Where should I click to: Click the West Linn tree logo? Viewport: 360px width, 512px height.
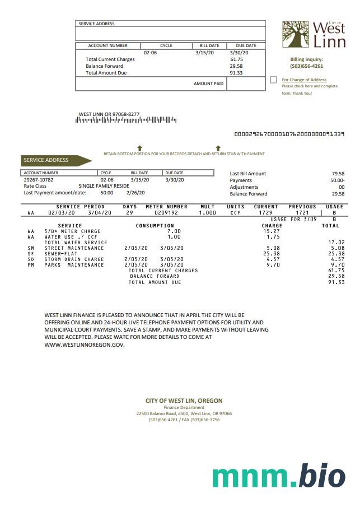point(295,35)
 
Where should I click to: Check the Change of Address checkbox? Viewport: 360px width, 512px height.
point(273,80)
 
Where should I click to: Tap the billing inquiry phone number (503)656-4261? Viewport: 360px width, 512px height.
point(306,66)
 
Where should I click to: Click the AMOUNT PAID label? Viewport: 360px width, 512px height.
point(208,83)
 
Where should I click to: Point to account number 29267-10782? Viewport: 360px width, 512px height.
point(39,180)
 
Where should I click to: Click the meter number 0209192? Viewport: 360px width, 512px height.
point(166,213)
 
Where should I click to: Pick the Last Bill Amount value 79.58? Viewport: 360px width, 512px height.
point(338,174)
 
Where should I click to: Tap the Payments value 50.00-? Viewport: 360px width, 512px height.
point(337,180)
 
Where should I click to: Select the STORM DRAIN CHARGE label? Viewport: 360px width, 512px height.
point(74,259)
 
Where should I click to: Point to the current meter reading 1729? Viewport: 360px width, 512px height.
point(266,213)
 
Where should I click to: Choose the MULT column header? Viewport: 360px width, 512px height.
point(208,207)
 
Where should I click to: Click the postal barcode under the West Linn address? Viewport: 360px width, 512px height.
point(127,120)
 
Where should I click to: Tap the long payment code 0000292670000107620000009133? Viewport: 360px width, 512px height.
point(289,134)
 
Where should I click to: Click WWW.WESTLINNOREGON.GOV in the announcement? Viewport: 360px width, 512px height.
point(85,345)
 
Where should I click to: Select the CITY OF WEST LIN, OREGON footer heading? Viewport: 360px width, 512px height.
point(184,401)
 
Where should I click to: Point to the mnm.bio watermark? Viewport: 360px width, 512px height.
point(278,476)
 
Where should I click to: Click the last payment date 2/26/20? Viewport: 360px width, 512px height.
point(135,193)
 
